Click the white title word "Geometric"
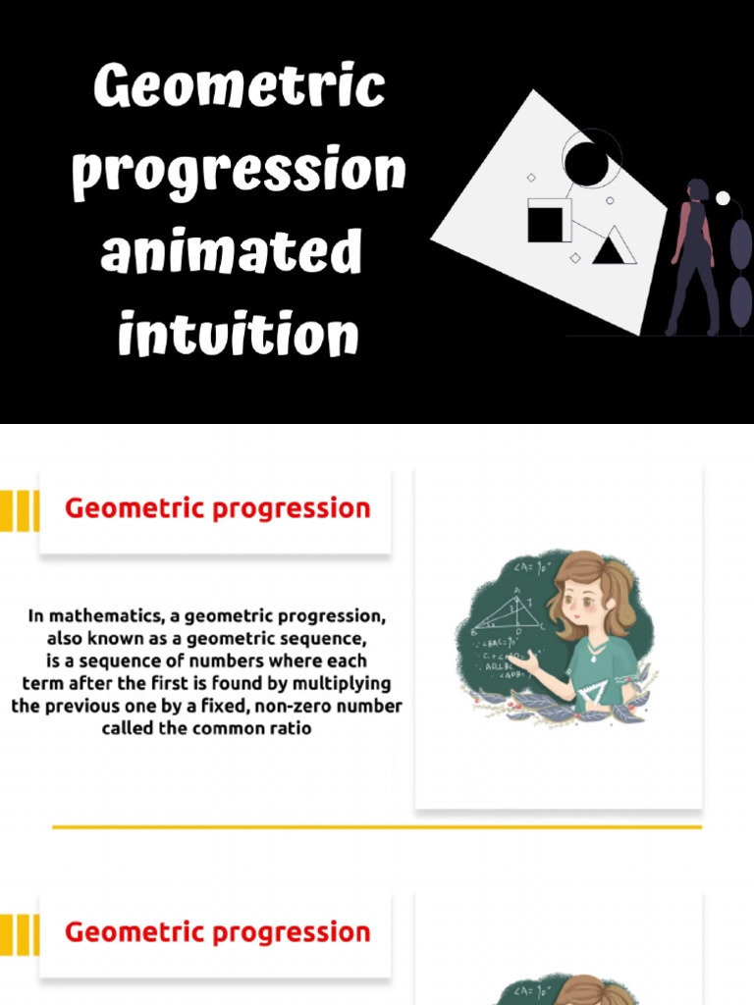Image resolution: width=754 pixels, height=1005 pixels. coord(239,89)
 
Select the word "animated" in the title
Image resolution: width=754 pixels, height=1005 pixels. coord(232,252)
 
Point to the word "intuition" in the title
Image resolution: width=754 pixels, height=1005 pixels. coord(238,335)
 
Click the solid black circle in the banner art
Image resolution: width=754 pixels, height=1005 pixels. coord(586,164)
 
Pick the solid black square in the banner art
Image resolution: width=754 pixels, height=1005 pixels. coord(549,221)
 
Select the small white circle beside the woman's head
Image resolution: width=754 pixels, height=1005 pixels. coord(723,198)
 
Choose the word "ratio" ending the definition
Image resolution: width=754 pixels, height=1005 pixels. coord(290,728)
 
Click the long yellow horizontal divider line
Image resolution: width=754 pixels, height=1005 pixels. coord(377,827)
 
